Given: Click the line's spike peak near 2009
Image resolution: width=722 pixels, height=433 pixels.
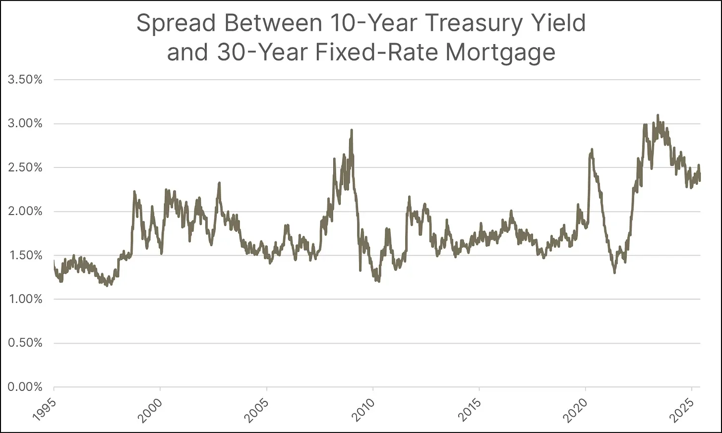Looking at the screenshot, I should pos(352,130).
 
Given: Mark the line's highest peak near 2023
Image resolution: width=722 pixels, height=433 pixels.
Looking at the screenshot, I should pos(658,115).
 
